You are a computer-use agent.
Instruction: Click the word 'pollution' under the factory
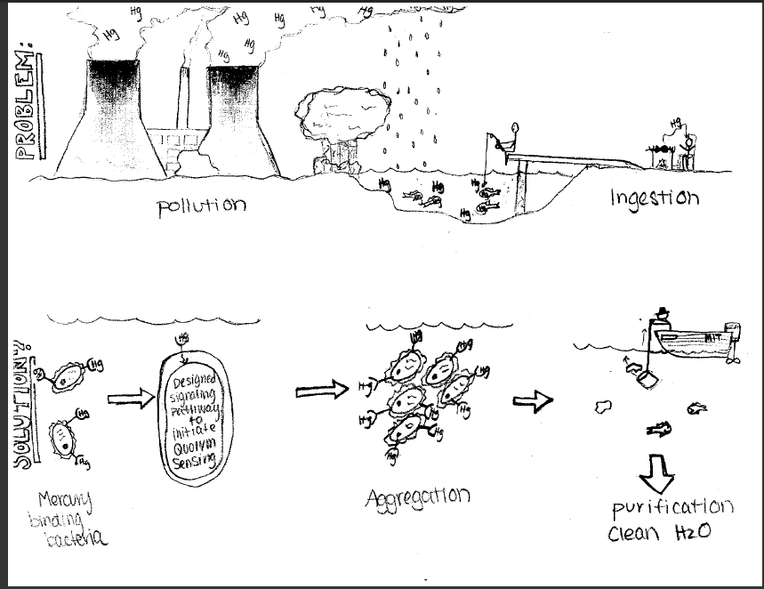point(201,205)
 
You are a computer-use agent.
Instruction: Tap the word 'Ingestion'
point(654,197)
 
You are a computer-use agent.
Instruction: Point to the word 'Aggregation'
point(417,496)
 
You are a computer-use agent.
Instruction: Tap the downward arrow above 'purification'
point(658,472)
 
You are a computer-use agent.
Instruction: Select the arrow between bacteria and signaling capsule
point(130,399)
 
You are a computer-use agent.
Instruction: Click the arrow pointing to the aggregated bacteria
point(320,390)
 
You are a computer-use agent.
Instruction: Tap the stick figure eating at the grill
point(686,148)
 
